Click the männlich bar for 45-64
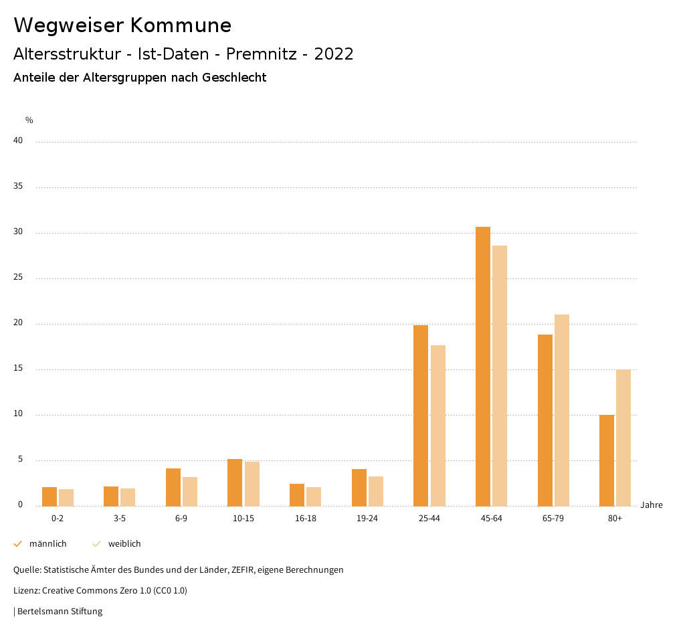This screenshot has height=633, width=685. (482, 366)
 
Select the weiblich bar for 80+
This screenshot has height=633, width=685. (623, 438)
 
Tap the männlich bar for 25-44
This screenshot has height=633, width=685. (421, 416)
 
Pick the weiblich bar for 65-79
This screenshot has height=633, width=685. (561, 410)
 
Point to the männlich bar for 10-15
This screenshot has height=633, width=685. (235, 482)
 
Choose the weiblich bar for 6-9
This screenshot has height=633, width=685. (190, 491)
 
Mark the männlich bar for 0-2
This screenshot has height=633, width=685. (50, 496)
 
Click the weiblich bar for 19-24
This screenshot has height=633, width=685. (376, 491)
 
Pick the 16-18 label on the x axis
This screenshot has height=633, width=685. (305, 519)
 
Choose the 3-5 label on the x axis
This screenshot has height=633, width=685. (120, 519)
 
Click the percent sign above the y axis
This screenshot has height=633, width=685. (29, 120)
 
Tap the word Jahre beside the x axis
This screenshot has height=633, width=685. (651, 505)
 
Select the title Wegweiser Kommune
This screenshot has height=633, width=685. (122, 25)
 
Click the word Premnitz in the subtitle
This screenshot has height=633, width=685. (261, 54)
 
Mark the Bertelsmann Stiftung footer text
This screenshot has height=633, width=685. (60, 612)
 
